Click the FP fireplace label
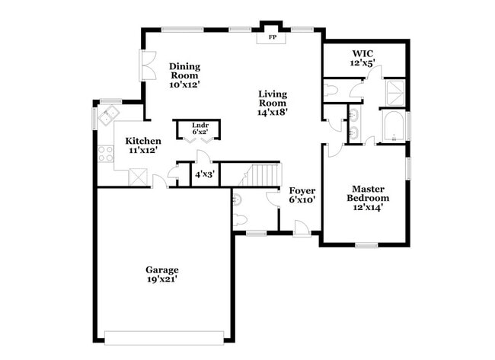pos(272,37)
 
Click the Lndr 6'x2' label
pos(200,129)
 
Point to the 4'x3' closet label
pos(204,175)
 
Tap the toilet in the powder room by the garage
pos(238,221)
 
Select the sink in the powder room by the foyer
pos(238,200)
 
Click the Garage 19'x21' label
pos(162,275)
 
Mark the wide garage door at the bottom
pos(164,336)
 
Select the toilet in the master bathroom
pos(330,91)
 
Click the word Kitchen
pos(143,141)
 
